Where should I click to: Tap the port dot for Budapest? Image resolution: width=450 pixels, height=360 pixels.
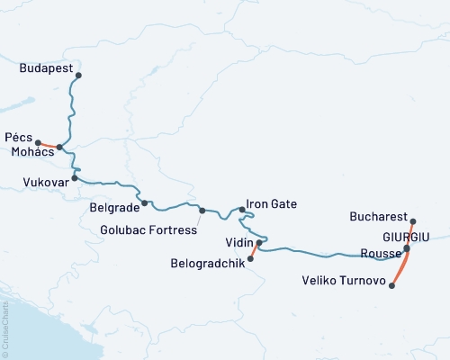tap(79, 76)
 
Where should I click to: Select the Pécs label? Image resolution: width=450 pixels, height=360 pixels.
tap(18, 137)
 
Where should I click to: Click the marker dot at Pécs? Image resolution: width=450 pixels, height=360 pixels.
tap(38, 142)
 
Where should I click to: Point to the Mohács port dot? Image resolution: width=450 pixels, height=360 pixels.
tap(59, 147)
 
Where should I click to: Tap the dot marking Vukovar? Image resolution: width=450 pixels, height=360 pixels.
tap(75, 177)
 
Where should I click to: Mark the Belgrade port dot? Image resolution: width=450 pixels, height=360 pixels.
tap(144, 202)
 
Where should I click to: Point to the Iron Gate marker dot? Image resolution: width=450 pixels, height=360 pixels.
tap(242, 210)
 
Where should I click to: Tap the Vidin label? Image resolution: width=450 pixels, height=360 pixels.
tap(238, 242)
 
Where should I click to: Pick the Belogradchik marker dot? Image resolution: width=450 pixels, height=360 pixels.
tap(250, 258)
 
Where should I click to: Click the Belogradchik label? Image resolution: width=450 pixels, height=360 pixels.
tap(208, 264)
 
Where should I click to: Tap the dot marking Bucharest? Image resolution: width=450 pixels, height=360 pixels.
tap(413, 221)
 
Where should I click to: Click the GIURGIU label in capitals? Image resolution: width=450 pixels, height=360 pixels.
tap(406, 236)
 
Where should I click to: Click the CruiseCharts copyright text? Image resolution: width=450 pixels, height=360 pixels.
tap(5, 328)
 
